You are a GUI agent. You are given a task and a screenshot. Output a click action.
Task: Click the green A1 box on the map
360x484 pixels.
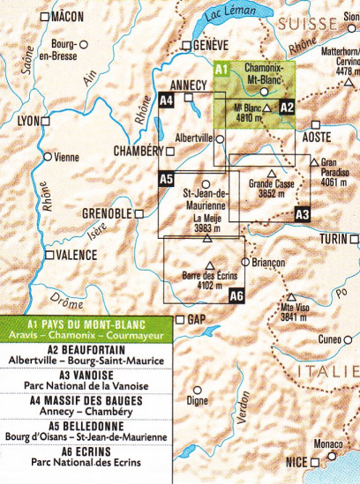pos(222,68)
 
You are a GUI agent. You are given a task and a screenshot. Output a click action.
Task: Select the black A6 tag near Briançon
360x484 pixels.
pos(236,296)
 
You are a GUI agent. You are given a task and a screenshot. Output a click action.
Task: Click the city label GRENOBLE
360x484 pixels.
pos(106,214)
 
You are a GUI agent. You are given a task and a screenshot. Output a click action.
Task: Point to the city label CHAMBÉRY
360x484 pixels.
pos(139,151)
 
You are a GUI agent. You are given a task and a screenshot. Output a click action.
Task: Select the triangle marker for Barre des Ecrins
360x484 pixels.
pos(210,264)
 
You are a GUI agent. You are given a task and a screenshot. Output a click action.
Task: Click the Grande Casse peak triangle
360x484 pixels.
pos(271,173)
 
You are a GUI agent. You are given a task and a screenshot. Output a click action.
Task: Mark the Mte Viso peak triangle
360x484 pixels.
pos(290,297)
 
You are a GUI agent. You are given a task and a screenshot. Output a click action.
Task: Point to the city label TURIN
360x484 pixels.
pos(334,241)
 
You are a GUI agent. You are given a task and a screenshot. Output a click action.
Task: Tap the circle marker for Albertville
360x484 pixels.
pos(220,138)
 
